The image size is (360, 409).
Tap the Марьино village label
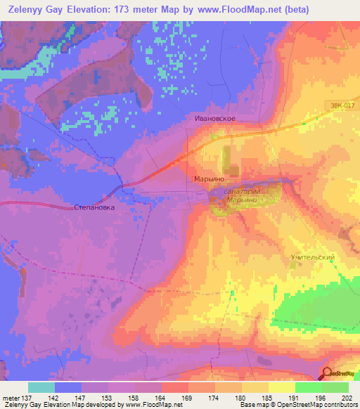pos(208,178)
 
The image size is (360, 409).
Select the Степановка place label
pos(94,208)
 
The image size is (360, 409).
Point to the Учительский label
pos(312,257)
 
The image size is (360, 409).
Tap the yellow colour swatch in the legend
pos(281,387)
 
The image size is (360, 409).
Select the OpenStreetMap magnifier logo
pos(328,373)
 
